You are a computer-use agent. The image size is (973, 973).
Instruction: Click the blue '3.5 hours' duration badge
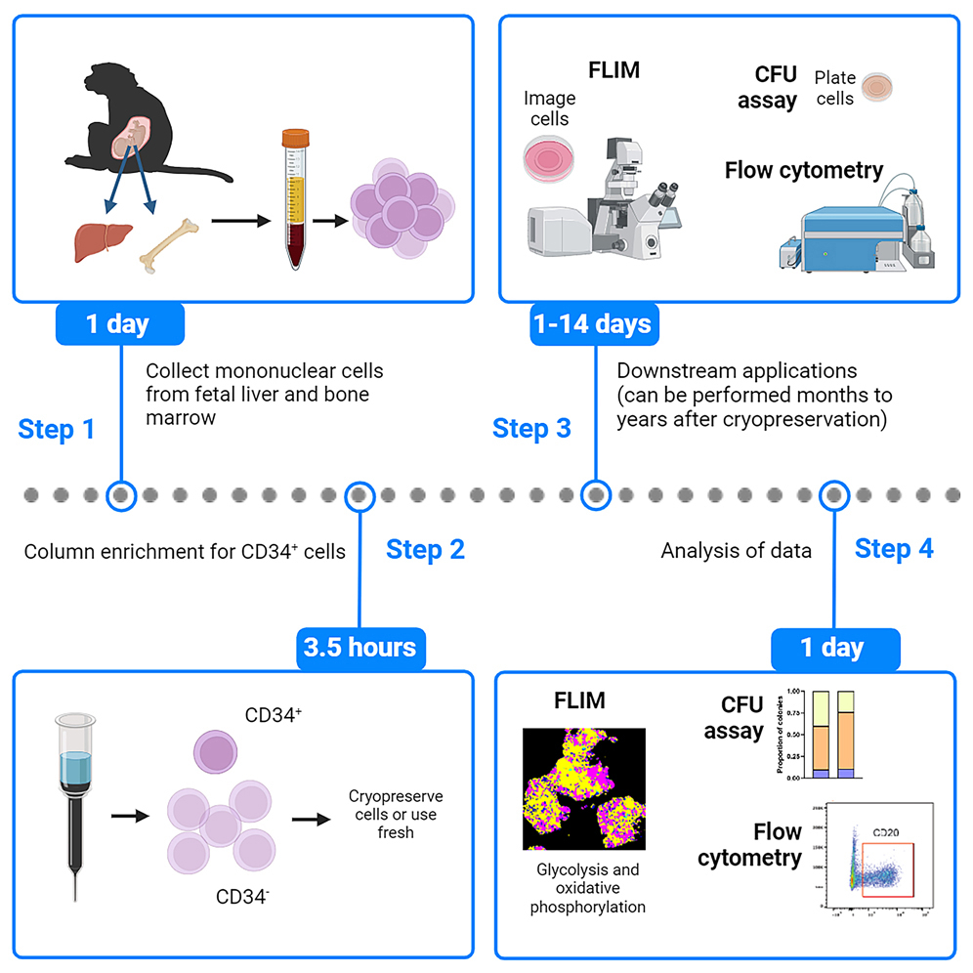click(361, 647)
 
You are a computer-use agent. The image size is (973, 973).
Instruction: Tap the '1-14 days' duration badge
click(593, 323)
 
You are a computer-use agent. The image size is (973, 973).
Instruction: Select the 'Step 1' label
click(56, 429)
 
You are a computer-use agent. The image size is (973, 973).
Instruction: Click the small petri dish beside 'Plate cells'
click(877, 87)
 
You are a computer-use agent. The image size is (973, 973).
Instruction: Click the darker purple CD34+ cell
click(216, 752)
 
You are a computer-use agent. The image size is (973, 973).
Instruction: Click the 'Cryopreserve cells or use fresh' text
click(394, 814)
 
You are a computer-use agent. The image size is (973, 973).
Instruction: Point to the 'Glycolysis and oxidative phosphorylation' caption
click(587, 888)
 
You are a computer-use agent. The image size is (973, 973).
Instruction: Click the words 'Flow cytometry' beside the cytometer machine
click(803, 170)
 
